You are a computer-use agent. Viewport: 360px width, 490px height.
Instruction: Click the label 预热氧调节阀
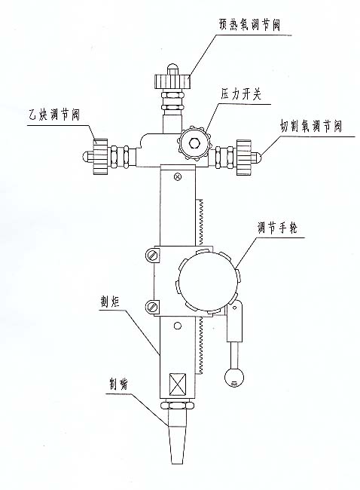click(249, 26)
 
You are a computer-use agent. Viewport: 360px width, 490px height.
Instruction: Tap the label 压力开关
click(241, 93)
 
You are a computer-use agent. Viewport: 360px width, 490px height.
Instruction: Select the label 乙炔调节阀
click(53, 115)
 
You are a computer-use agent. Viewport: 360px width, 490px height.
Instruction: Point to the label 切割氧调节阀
click(311, 126)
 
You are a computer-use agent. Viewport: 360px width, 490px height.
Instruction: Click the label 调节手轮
click(277, 228)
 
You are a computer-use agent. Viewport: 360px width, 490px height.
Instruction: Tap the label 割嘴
click(119, 384)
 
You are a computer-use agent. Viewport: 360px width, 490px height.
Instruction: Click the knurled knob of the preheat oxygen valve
click(172, 81)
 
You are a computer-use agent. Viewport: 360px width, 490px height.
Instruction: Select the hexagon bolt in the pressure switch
click(194, 143)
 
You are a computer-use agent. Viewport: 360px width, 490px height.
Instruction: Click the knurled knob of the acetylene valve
click(101, 157)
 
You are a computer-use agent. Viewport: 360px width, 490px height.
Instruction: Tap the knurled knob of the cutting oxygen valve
click(244, 157)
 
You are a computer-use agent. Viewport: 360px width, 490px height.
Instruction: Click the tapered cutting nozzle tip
click(177, 432)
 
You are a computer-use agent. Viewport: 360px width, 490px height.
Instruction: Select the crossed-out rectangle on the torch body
click(177, 384)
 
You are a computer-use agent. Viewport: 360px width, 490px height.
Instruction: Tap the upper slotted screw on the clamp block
click(152, 256)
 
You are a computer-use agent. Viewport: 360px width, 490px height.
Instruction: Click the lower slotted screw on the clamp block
click(152, 306)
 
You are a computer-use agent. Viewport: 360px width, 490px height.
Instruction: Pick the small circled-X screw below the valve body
click(178, 177)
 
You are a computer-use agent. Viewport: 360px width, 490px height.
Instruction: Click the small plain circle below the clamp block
click(177, 326)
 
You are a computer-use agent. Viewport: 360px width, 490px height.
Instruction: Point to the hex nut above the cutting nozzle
click(177, 406)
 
